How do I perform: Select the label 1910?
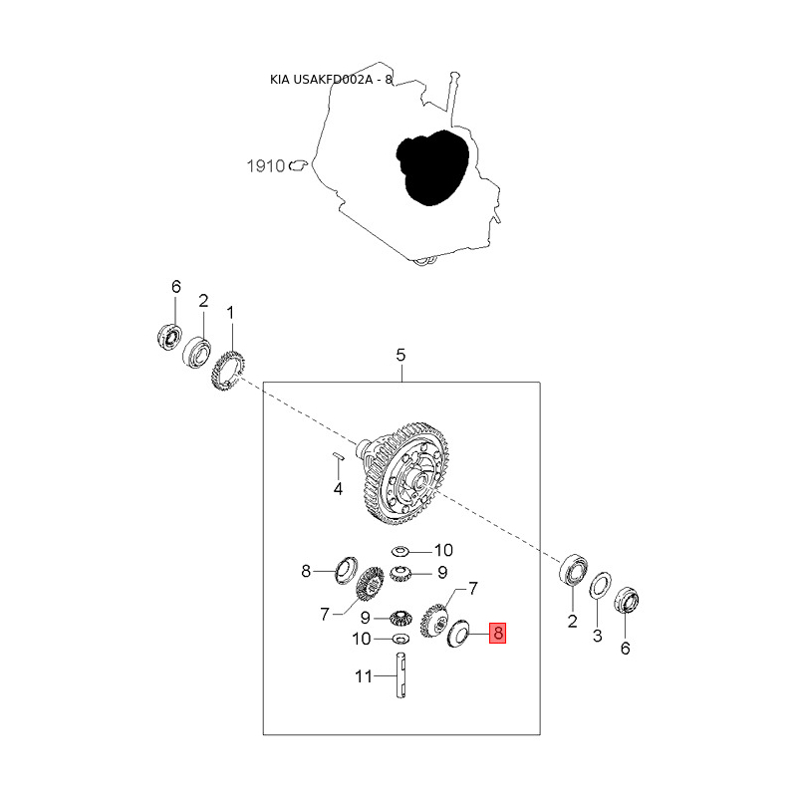click(266, 166)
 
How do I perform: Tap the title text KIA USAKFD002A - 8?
click(332, 80)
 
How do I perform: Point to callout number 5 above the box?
click(401, 355)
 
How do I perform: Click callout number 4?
click(338, 488)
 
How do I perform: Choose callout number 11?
click(364, 676)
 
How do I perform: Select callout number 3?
click(598, 635)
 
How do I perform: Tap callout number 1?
click(230, 313)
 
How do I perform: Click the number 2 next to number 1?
click(203, 300)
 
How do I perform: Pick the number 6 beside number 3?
click(626, 649)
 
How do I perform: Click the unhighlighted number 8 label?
click(307, 572)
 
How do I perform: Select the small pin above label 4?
click(338, 457)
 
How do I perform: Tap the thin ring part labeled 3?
click(600, 585)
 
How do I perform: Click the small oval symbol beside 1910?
click(296, 166)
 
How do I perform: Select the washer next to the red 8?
click(461, 634)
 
